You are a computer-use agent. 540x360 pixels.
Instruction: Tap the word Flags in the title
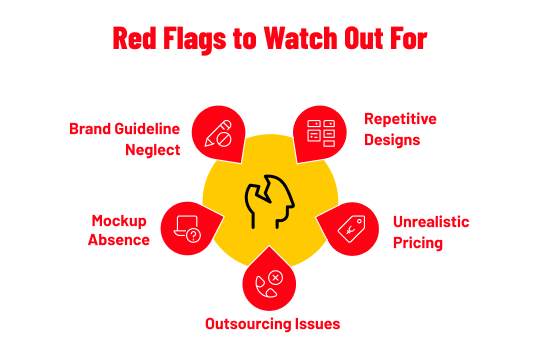point(199,40)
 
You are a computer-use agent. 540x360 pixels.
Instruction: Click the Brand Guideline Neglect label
point(125,138)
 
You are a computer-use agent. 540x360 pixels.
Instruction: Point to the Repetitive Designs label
point(400,129)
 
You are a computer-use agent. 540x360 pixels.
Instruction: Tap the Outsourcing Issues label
point(272,324)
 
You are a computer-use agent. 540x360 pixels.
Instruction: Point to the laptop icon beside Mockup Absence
point(187,229)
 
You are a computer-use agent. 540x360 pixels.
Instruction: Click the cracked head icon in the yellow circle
point(268,203)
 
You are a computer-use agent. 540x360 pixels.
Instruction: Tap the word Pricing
point(418,242)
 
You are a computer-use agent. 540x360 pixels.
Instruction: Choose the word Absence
point(119,240)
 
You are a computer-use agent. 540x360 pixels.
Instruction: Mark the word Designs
point(391,139)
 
